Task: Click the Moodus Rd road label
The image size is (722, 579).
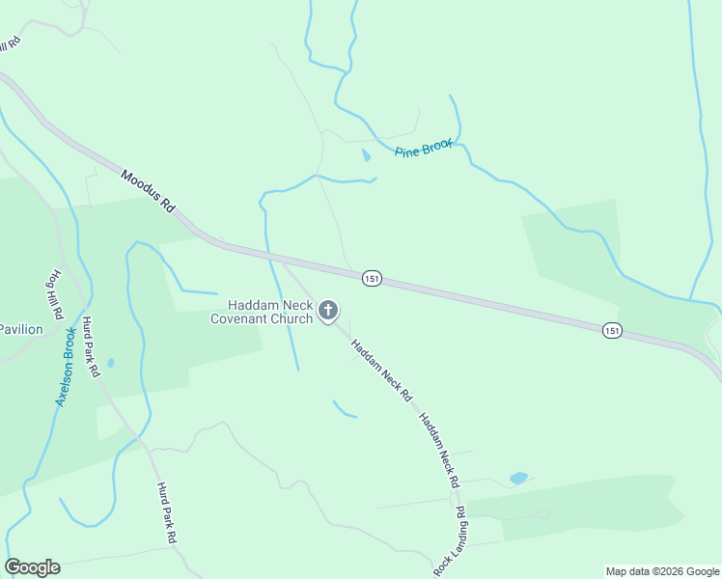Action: [x=148, y=191]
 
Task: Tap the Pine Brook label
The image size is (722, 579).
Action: [x=424, y=148]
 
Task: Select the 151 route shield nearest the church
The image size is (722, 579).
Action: [x=372, y=278]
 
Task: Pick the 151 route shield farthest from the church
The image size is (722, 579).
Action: [x=612, y=330]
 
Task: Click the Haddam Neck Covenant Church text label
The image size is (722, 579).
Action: [x=262, y=312]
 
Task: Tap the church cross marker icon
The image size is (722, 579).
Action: [x=328, y=311]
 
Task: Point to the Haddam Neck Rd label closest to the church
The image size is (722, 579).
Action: [x=381, y=370]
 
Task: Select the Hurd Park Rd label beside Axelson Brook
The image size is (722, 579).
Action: [x=91, y=346]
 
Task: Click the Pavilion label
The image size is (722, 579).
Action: [x=21, y=329]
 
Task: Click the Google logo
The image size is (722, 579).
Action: [x=32, y=567]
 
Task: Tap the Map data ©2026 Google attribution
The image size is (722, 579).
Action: [x=662, y=571]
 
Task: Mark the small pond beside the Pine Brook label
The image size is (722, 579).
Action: [x=366, y=154]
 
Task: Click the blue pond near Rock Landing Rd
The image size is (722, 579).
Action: [x=518, y=478]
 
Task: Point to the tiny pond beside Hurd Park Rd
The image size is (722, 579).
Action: [x=110, y=363]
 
